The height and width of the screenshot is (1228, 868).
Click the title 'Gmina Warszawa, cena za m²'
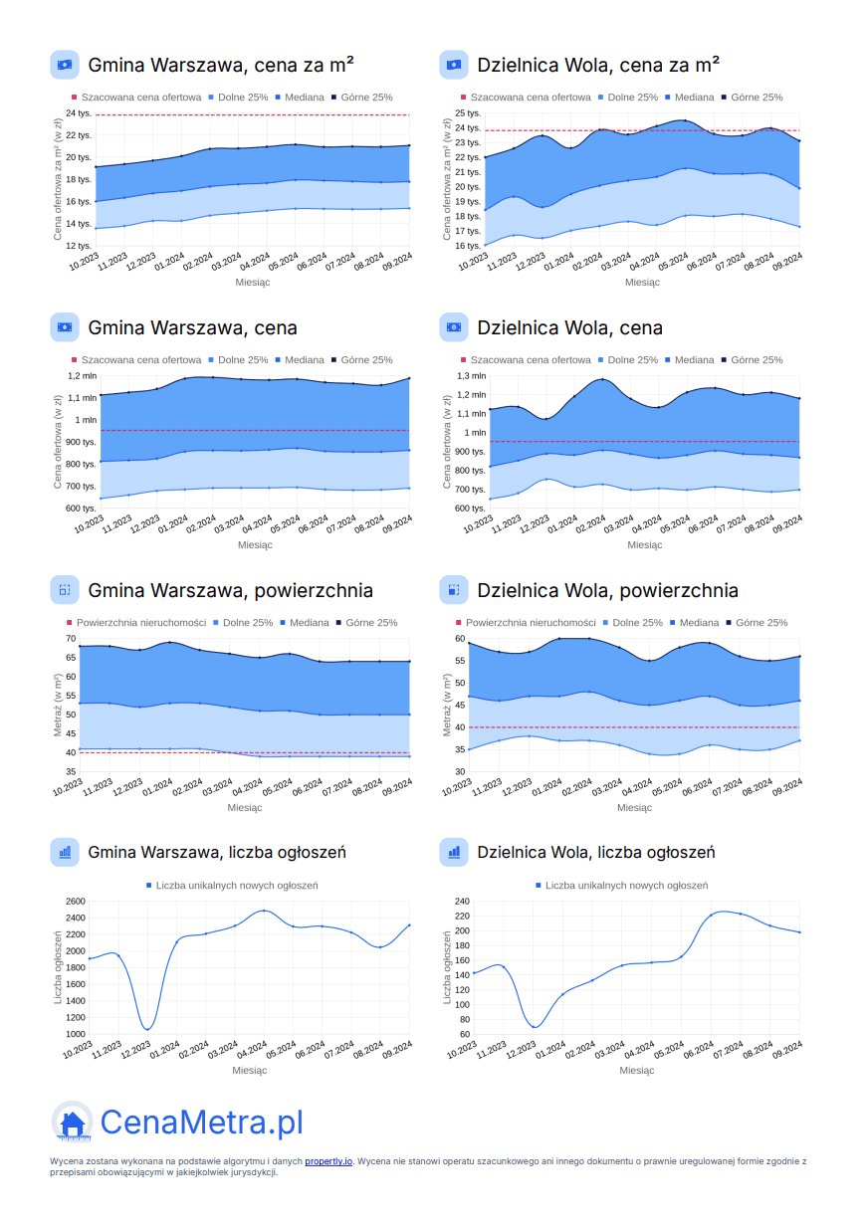[x=221, y=65]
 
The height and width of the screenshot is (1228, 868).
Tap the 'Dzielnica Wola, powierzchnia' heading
[x=607, y=590]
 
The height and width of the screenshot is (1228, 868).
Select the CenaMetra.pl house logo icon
[x=72, y=1123]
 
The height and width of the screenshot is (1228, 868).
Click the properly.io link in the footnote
[x=328, y=1161]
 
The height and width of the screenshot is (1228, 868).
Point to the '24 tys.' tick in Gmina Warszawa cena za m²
[x=79, y=114]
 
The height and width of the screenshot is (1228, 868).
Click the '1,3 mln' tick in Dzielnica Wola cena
[x=472, y=376]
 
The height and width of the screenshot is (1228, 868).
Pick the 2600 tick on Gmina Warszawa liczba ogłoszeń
[x=75, y=902]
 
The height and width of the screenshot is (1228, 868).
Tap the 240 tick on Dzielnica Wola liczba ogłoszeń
[x=461, y=902]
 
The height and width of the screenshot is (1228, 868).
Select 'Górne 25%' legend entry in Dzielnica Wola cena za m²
[x=757, y=98]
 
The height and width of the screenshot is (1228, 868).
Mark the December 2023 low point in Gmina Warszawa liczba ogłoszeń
[x=147, y=1029]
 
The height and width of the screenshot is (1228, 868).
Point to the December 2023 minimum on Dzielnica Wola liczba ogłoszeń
[x=535, y=1026]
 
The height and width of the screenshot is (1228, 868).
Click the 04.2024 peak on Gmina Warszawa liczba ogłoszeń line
[x=263, y=911]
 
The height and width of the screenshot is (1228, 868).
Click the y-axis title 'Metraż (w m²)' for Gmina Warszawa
[x=59, y=704]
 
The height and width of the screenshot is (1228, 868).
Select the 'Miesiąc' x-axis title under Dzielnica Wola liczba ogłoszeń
[x=637, y=1071]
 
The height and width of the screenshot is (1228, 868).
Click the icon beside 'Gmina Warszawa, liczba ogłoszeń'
[x=65, y=852]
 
